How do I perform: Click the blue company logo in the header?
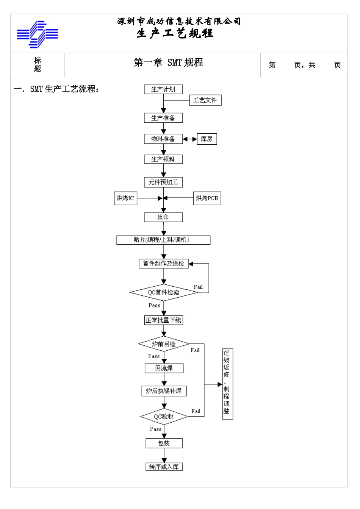[x=37, y=34]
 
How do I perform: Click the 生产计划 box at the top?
[x=163, y=89]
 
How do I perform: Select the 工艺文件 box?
[x=205, y=100]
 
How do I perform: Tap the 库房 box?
[x=207, y=139]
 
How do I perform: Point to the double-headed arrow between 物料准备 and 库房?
[x=190, y=139]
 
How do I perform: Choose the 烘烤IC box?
[x=125, y=198]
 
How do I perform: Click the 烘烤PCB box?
[x=207, y=198]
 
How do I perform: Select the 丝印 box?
[x=163, y=217]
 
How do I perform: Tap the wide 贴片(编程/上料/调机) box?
[x=163, y=240]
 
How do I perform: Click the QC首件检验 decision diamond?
[x=163, y=292]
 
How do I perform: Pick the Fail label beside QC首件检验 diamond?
[x=198, y=287]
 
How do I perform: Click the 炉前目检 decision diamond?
[x=164, y=344]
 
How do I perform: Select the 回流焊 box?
[x=164, y=368]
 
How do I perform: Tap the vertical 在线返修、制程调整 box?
[x=227, y=384]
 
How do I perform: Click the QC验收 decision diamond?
[x=164, y=417]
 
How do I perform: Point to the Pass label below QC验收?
[x=155, y=429]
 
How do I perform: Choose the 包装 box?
[x=164, y=443]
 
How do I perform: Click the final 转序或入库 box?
[x=164, y=467]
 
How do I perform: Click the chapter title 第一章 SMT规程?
[x=168, y=63]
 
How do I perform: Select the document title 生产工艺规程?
[x=175, y=34]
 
